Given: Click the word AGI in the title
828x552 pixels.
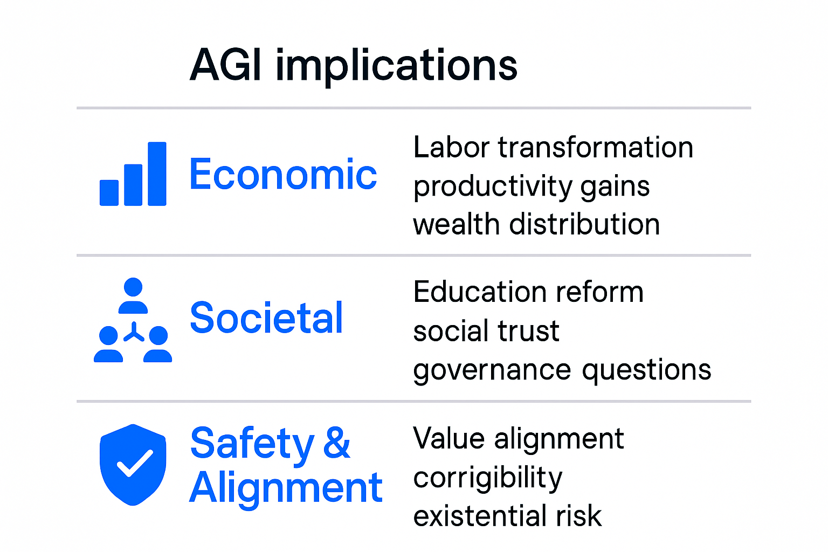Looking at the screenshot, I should click(x=226, y=66).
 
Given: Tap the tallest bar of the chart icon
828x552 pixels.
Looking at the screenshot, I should click(x=157, y=174).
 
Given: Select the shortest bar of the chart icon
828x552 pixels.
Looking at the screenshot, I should click(x=109, y=192).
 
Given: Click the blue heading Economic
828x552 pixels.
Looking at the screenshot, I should click(x=283, y=175).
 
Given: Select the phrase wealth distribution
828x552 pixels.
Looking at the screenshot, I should click(x=536, y=224).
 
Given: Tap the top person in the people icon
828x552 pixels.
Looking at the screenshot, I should click(x=133, y=295).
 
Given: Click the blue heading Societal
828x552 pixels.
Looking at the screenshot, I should click(x=266, y=318).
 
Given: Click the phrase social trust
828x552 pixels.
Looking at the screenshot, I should click(x=486, y=331).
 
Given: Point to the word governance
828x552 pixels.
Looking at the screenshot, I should click(x=492, y=371).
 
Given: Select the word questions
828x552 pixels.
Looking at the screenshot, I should click(x=646, y=371).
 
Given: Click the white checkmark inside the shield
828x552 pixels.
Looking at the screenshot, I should click(x=135, y=463).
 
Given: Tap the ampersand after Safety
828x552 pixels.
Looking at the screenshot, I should click(x=337, y=443).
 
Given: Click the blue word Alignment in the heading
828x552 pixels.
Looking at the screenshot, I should click(x=286, y=488).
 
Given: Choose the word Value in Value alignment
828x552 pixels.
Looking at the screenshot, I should click(x=448, y=438).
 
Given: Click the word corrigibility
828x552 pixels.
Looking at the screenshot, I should click(x=487, y=478).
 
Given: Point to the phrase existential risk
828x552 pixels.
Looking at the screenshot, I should click(x=507, y=516).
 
